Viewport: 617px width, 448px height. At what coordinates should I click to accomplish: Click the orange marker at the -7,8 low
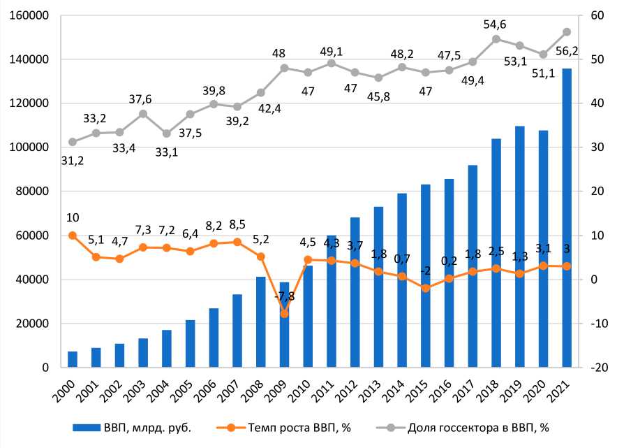coord(284,314)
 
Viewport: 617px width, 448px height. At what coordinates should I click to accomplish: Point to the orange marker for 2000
coord(72,236)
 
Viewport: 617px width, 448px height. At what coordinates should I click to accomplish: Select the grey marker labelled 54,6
coord(496,39)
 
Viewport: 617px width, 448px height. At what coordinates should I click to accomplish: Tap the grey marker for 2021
coord(567,32)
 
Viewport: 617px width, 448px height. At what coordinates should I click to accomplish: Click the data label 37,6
coord(142,99)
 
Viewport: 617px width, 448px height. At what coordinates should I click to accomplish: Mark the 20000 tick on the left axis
coord(32,324)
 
